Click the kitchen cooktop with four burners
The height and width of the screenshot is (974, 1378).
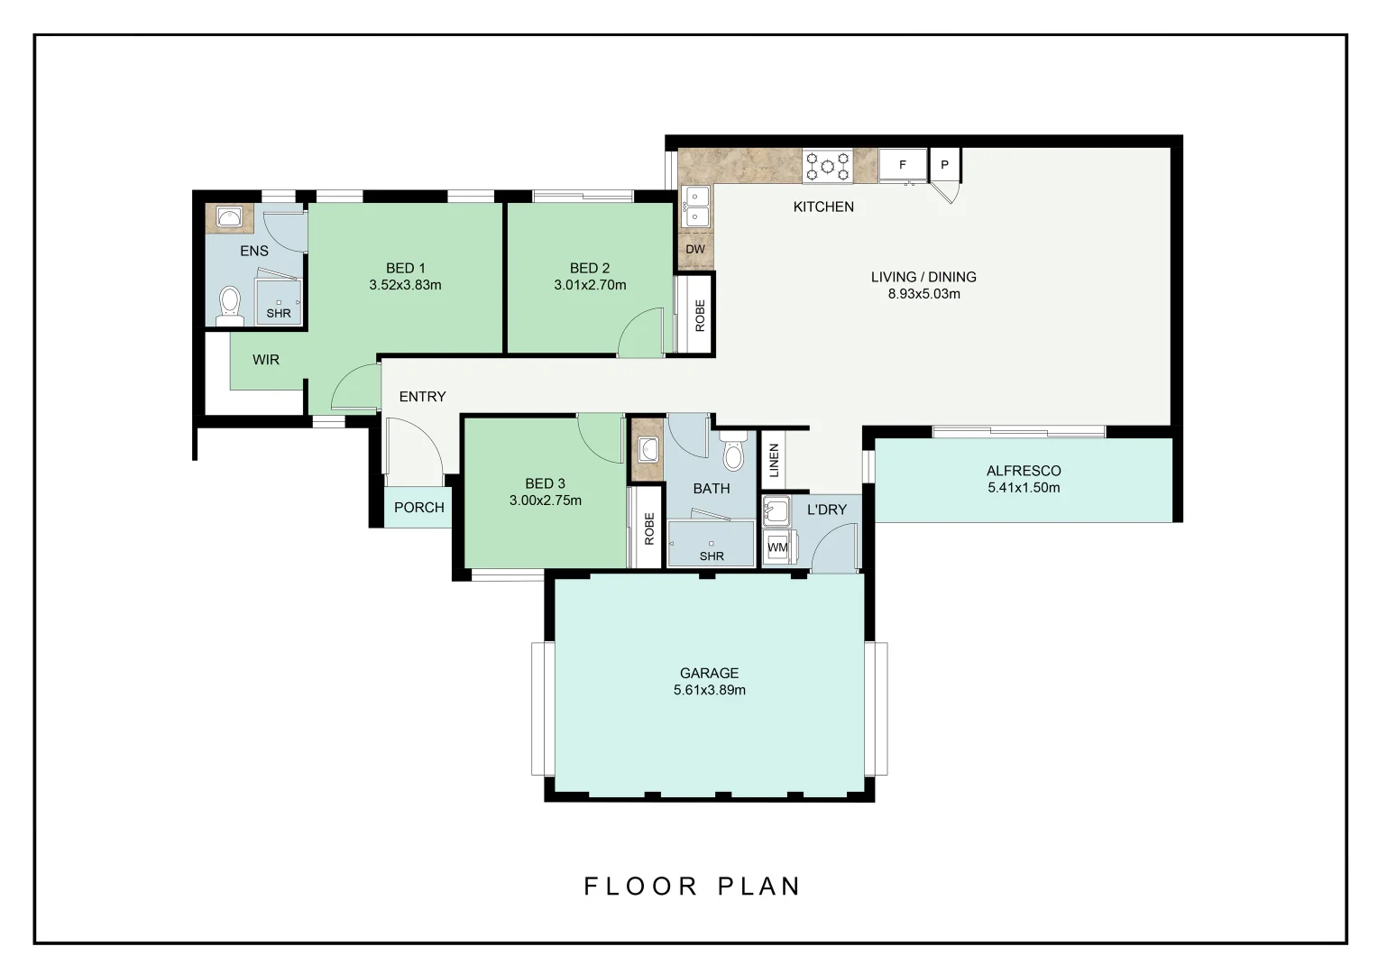(x=827, y=166)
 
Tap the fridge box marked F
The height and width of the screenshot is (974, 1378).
(x=903, y=165)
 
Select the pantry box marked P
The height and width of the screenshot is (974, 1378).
(x=944, y=164)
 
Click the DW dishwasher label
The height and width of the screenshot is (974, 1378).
(x=695, y=249)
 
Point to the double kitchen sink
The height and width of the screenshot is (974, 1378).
(x=696, y=207)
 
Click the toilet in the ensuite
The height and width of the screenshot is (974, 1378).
(x=230, y=306)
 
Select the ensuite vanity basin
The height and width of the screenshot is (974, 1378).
(x=229, y=218)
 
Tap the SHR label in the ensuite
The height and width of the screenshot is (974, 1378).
(x=279, y=313)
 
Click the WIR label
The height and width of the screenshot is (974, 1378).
(x=266, y=359)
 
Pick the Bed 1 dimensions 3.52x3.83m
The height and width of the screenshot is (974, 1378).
(x=406, y=285)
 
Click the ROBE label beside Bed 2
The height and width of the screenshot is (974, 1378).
(x=700, y=316)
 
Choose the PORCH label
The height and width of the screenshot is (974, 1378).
(x=419, y=508)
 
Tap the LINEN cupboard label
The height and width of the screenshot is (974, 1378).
(x=775, y=460)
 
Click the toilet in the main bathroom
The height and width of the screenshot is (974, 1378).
(x=732, y=451)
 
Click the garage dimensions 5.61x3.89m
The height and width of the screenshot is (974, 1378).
(x=710, y=690)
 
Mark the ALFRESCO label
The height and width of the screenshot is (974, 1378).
(x=1024, y=471)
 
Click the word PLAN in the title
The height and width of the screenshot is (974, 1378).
(x=759, y=886)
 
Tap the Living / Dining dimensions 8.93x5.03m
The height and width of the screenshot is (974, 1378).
(x=924, y=293)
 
